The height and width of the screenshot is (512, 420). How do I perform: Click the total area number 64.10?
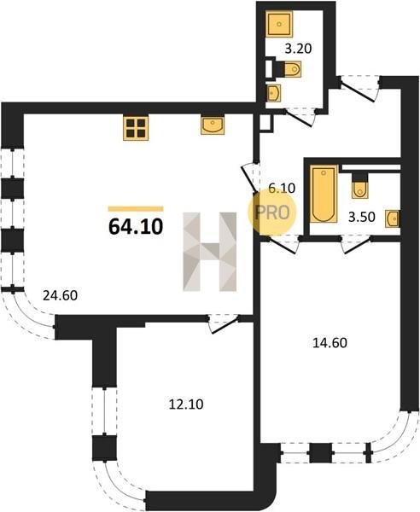tap(136, 226)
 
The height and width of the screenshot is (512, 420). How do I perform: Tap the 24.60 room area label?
tap(61, 295)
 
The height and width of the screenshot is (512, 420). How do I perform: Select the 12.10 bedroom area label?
tap(186, 404)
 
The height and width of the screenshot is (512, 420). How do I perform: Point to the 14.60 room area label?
tap(330, 343)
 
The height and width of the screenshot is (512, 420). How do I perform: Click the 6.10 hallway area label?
tap(282, 188)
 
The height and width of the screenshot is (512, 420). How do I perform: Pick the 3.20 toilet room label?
tap(298, 49)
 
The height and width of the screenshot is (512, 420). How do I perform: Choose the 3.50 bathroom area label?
tap(362, 217)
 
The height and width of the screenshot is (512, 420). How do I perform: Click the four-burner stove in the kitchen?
tap(136, 128)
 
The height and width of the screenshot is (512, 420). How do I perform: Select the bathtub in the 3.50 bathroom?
tap(324, 194)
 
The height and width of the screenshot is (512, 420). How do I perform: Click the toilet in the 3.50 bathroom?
tap(359, 186)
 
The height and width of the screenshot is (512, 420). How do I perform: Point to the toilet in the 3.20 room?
tap(287, 68)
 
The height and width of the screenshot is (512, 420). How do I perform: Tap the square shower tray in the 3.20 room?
tap(279, 24)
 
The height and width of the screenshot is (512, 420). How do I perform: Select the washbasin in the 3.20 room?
tap(274, 93)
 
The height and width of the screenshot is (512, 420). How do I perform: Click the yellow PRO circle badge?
tap(272, 212)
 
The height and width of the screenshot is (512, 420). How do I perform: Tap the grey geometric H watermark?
tap(210, 252)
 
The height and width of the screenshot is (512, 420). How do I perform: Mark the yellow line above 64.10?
tap(136, 209)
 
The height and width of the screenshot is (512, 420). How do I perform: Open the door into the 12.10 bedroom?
tap(224, 323)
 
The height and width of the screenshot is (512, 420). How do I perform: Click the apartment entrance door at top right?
tap(359, 88)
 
